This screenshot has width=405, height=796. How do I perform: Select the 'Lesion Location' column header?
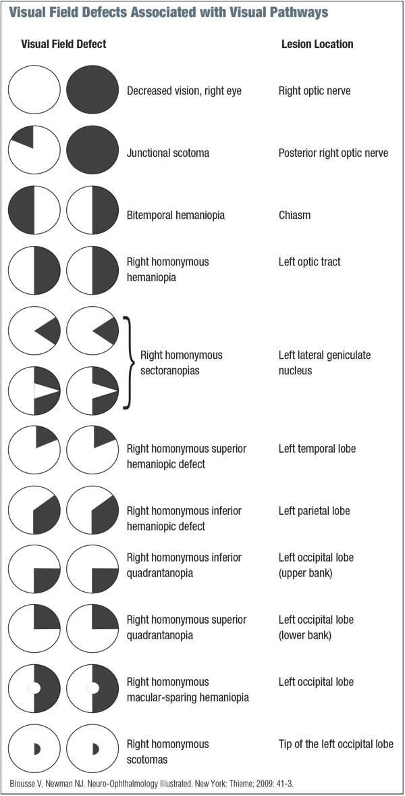317,45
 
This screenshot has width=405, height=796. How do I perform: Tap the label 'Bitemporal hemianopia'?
175,215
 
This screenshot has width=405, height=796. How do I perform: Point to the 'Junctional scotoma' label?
168,153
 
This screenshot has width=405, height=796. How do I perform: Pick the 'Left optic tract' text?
309,262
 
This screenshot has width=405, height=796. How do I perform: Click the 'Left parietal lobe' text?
314,510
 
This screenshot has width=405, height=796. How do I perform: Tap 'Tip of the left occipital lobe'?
335,744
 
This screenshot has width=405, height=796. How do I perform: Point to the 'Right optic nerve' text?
314,91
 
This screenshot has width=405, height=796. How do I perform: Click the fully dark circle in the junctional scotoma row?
93,152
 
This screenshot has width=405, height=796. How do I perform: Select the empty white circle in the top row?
34,90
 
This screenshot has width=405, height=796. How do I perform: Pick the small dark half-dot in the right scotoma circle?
94,749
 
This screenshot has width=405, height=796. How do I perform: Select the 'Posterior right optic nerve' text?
333,153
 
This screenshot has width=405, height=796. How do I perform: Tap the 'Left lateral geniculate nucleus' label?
323,362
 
